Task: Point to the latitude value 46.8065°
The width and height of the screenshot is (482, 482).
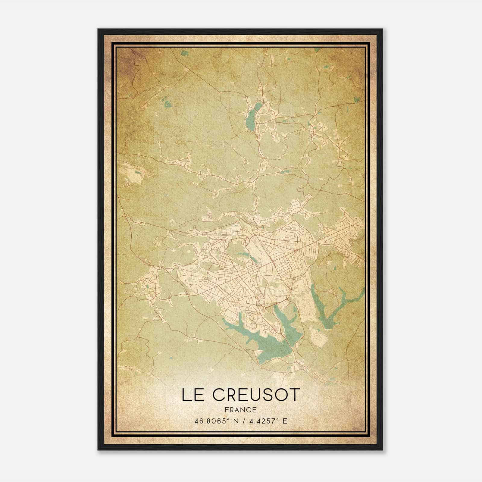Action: (x=210, y=421)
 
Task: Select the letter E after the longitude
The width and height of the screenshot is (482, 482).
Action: (x=285, y=421)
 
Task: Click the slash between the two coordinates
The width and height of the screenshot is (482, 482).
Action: (x=241, y=421)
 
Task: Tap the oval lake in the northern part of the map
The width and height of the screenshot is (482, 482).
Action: (x=251, y=118)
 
